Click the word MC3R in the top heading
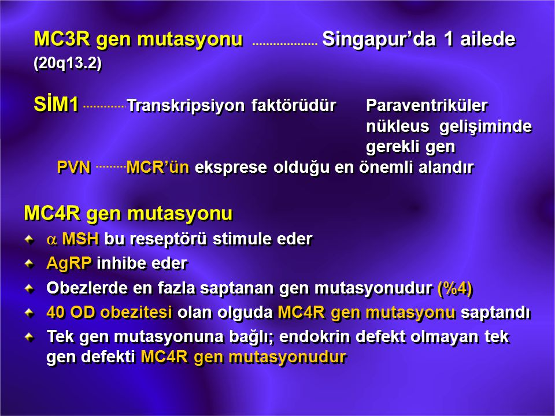[62, 39]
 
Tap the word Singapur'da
[379, 39]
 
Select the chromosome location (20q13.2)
[68, 64]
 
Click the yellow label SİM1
[56, 105]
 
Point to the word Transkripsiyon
[186, 105]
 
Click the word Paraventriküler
[427, 105]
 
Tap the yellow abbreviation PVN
[74, 168]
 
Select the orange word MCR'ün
[157, 167]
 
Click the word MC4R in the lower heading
[53, 213]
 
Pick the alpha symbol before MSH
[51, 240]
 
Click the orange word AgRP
[69, 263]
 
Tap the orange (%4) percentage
[455, 288]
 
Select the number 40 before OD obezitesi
[56, 313]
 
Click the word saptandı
[496, 313]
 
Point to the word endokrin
[314, 337]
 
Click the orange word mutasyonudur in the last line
[287, 357]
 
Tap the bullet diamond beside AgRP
[29, 263]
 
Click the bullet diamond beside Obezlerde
[29, 288]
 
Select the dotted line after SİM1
[105, 106]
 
